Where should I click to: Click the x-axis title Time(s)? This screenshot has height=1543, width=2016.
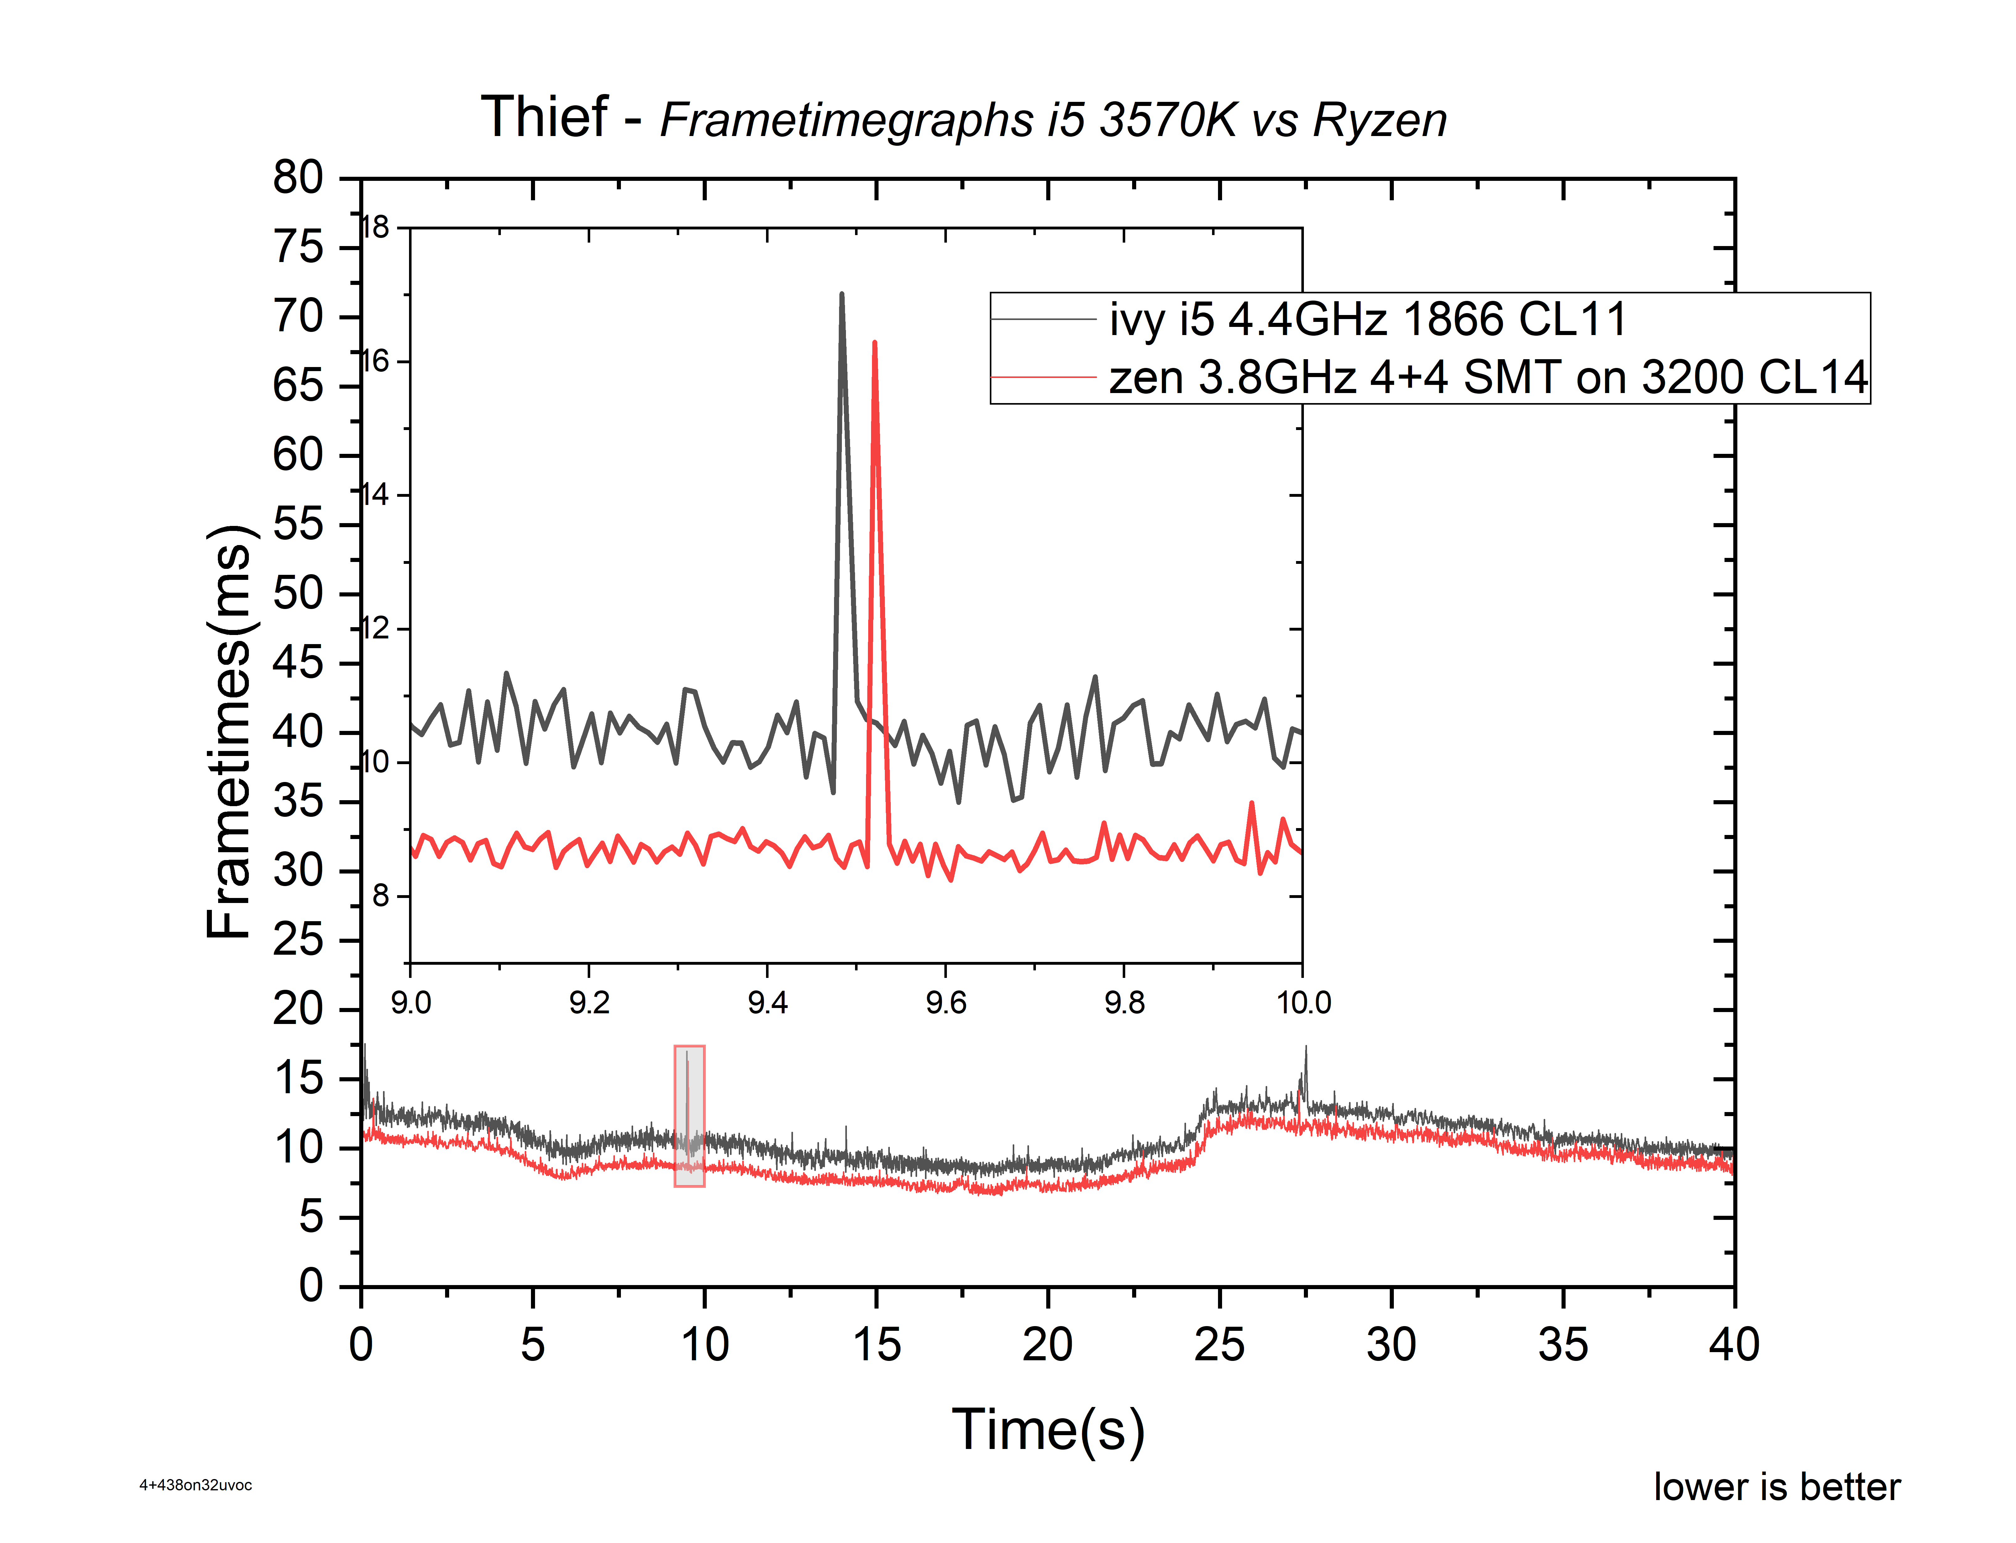(x=1048, y=1430)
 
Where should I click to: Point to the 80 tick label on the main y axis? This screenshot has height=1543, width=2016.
(x=298, y=177)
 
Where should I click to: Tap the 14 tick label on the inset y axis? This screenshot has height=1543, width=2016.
(x=375, y=495)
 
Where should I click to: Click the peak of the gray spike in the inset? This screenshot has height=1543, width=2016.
(x=841, y=295)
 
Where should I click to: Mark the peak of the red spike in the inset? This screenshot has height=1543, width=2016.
(x=874, y=343)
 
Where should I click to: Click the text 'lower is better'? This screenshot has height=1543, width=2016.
(x=1776, y=1487)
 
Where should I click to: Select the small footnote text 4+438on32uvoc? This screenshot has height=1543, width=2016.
(x=196, y=1485)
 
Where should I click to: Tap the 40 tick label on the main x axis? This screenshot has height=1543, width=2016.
(x=1734, y=1346)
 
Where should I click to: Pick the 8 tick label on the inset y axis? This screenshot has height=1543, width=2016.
(x=380, y=895)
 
